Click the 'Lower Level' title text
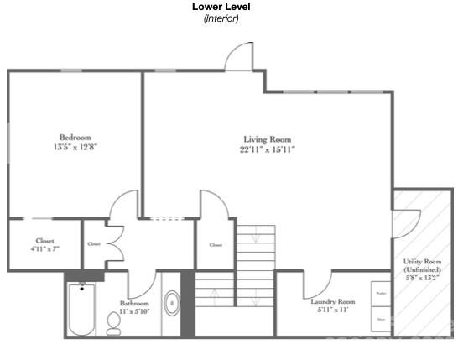click(221, 7)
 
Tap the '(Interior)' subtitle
click(221, 18)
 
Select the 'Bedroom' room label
click(75, 138)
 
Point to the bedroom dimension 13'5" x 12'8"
click(75, 148)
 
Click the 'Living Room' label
click(267, 139)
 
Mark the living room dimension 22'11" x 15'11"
click(267, 149)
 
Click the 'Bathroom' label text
click(133, 303)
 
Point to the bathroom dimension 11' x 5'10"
click(133, 311)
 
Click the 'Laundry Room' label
click(333, 302)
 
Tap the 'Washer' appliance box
click(381, 293)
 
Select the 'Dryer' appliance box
click(381, 319)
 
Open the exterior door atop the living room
click(239, 57)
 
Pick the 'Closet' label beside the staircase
click(216, 245)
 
